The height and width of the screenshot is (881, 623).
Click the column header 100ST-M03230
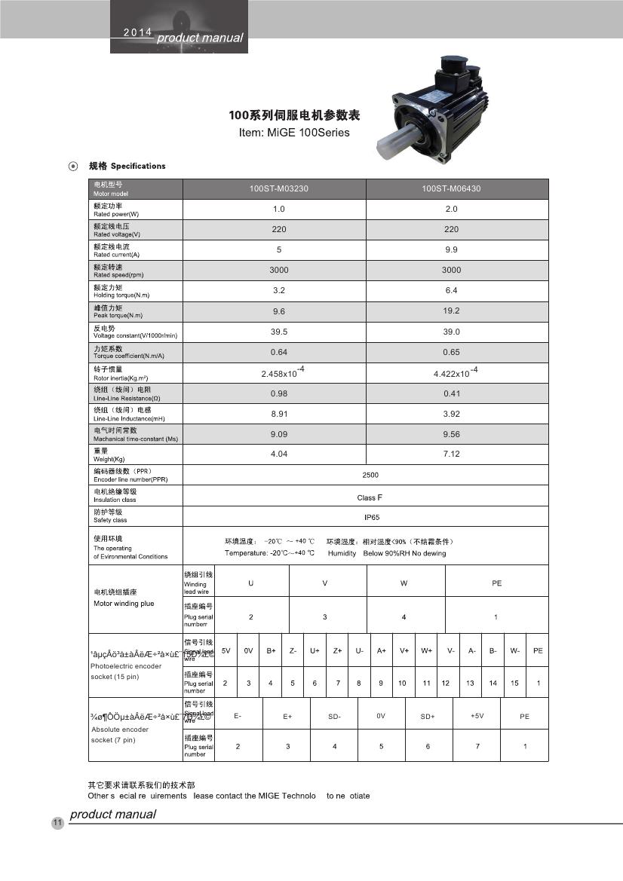[279, 188]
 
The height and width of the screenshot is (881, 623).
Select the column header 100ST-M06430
[451, 188]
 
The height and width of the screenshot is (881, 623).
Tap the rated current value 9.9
[451, 249]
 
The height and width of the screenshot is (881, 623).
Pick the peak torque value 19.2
[451, 310]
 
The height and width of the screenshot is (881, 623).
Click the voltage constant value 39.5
[279, 332]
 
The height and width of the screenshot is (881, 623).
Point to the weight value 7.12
[451, 454]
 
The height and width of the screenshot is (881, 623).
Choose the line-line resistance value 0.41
[451, 393]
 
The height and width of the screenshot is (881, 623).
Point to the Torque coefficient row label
[128, 352]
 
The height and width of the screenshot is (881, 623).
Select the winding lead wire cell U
[251, 583]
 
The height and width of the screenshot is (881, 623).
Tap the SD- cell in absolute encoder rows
[335, 716]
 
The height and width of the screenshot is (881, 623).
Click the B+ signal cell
[270, 650]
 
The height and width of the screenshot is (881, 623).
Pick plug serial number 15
[514, 683]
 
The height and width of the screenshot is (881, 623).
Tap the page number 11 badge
[57, 822]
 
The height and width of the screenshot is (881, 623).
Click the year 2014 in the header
[138, 32]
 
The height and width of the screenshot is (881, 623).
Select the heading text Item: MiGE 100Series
[294, 133]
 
